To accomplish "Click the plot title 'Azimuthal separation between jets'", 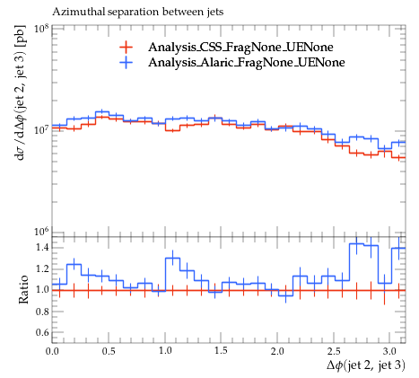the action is (x=138, y=12).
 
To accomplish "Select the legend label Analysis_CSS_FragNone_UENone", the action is (x=240, y=47).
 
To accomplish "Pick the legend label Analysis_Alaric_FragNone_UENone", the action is (x=247, y=62).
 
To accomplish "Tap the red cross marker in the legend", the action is (x=126, y=47).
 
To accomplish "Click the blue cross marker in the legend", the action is (x=126, y=62).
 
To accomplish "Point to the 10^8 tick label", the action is (x=41, y=29).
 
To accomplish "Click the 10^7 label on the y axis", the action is (x=41, y=130).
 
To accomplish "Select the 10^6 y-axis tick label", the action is (x=41, y=233).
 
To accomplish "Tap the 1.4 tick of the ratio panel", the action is (x=42, y=248).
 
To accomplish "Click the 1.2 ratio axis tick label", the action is (x=42, y=268).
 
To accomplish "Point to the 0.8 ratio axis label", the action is (x=42, y=312).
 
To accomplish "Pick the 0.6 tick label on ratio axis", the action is (x=42, y=333).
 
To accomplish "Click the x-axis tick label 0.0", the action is (x=52, y=351).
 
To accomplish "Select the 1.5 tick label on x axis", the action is (x=221, y=351).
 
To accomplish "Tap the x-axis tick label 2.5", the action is (x=334, y=351).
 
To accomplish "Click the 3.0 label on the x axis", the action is (x=389, y=351).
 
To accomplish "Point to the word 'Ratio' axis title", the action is (x=23, y=290).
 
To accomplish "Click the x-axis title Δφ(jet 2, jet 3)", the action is (x=366, y=365).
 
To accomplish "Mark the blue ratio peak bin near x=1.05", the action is (x=172, y=259).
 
